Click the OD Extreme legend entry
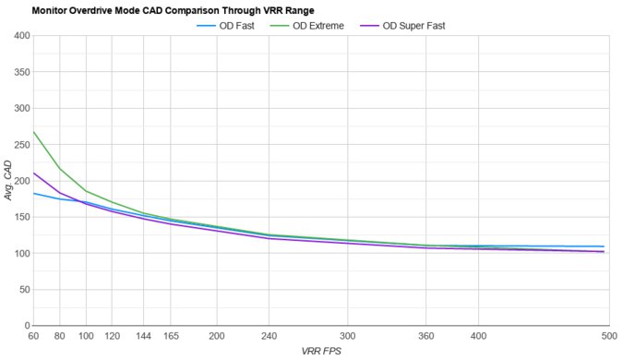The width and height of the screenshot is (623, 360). [317, 25]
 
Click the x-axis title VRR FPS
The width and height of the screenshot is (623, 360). [320, 352]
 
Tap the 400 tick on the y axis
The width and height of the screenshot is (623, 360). [21, 36]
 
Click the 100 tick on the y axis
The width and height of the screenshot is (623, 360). [21, 254]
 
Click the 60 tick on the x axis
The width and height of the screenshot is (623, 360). [34, 336]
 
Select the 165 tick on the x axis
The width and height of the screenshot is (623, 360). [171, 336]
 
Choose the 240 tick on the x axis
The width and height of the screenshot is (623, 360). [269, 336]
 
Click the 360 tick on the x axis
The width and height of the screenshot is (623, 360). [425, 336]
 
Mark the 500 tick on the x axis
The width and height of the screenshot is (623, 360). [606, 336]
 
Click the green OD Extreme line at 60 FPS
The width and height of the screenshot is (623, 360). [34, 132]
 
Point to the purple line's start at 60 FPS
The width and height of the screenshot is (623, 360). [34, 173]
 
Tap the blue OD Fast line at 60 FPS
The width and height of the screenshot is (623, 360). [34, 193]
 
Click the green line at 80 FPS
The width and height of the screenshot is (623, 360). [60, 169]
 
